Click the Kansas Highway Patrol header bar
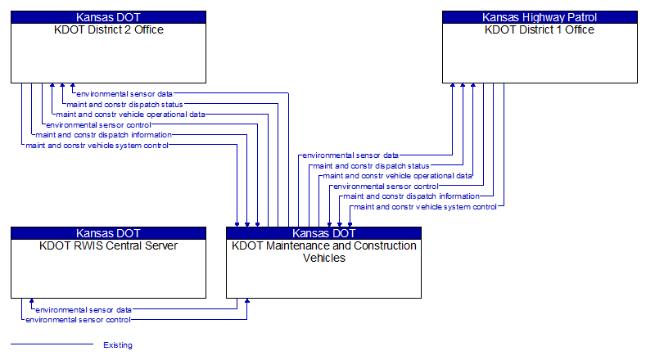tap(540, 17)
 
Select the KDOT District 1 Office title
tap(540, 30)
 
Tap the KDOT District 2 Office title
tap(108, 30)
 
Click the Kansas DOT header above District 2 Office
tap(108, 17)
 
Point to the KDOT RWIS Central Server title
tap(108, 246)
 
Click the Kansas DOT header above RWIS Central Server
tap(108, 233)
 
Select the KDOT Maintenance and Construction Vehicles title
tap(324, 252)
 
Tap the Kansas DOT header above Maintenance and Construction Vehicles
tap(324, 233)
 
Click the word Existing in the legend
tap(118, 345)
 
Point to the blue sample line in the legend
tap(52, 344)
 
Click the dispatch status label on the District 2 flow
tap(124, 105)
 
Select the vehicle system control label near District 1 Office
tap(424, 207)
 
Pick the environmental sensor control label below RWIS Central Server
tap(79, 320)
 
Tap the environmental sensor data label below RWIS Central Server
tap(84, 310)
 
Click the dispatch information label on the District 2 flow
tap(104, 135)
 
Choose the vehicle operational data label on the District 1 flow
tap(397, 176)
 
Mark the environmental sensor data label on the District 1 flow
tap(350, 155)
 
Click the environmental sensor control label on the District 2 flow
tap(98, 125)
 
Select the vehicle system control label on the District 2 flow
tap(97, 146)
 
